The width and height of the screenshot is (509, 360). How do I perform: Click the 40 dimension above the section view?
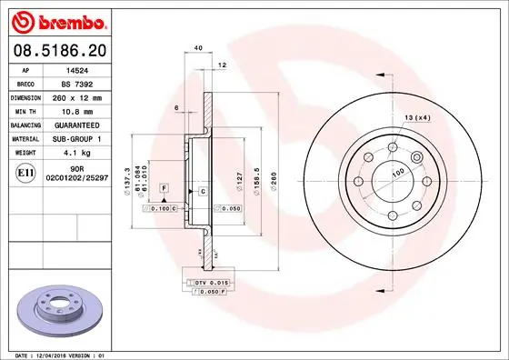click(196, 47)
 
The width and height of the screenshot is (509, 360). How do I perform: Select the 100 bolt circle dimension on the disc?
click(397, 172)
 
